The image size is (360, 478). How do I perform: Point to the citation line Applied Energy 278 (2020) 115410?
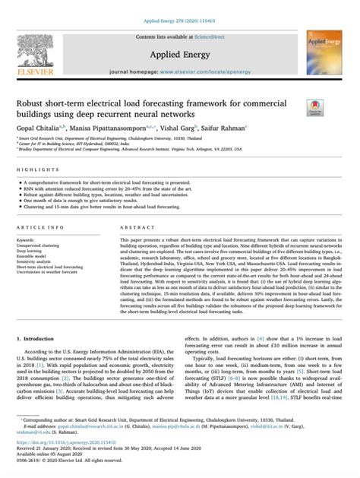(x=179, y=6)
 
